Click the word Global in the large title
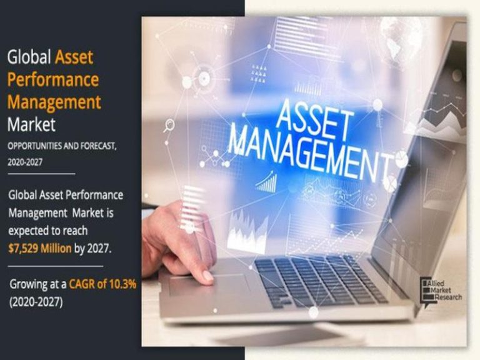point(29,57)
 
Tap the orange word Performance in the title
point(53,79)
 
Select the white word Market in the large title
point(31,124)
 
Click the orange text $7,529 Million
point(40,248)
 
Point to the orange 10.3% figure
point(122,284)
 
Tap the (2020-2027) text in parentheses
point(36,302)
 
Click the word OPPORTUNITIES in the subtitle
point(34,146)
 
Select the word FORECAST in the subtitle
point(98,146)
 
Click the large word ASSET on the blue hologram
point(313,120)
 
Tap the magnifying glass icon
point(169,126)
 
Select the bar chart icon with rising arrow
point(267,182)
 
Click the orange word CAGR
point(82,284)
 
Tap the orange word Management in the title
point(54,102)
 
